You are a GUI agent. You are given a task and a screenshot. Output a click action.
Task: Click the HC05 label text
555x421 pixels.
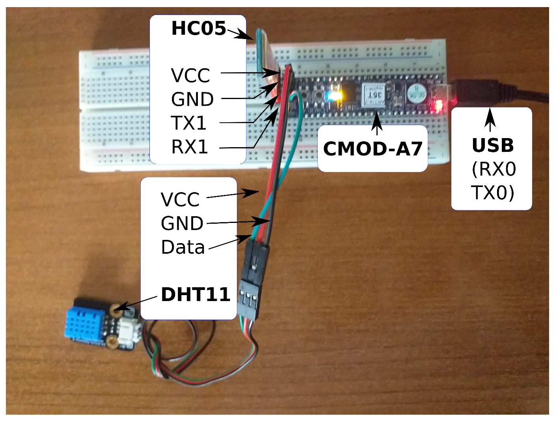pyautogui.click(x=198, y=28)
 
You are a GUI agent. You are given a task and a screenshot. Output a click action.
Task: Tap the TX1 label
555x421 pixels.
pyautogui.click(x=189, y=123)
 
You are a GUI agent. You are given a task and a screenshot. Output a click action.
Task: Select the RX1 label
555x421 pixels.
pyautogui.click(x=190, y=147)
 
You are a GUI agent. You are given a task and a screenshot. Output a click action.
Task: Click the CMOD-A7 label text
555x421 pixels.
pyautogui.click(x=372, y=149)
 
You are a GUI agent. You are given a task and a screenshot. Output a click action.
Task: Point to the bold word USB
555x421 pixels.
pyautogui.click(x=493, y=146)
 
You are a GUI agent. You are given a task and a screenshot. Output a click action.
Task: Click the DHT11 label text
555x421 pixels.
pyautogui.click(x=196, y=294)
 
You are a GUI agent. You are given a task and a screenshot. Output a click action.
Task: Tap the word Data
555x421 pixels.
pyautogui.click(x=183, y=247)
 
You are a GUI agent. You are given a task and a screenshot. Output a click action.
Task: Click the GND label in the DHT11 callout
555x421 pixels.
pyautogui.click(x=182, y=224)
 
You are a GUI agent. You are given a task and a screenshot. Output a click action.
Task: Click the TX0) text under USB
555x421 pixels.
pyautogui.click(x=493, y=193)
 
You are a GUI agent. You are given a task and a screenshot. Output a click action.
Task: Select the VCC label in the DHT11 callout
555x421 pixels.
pyautogui.click(x=180, y=200)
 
